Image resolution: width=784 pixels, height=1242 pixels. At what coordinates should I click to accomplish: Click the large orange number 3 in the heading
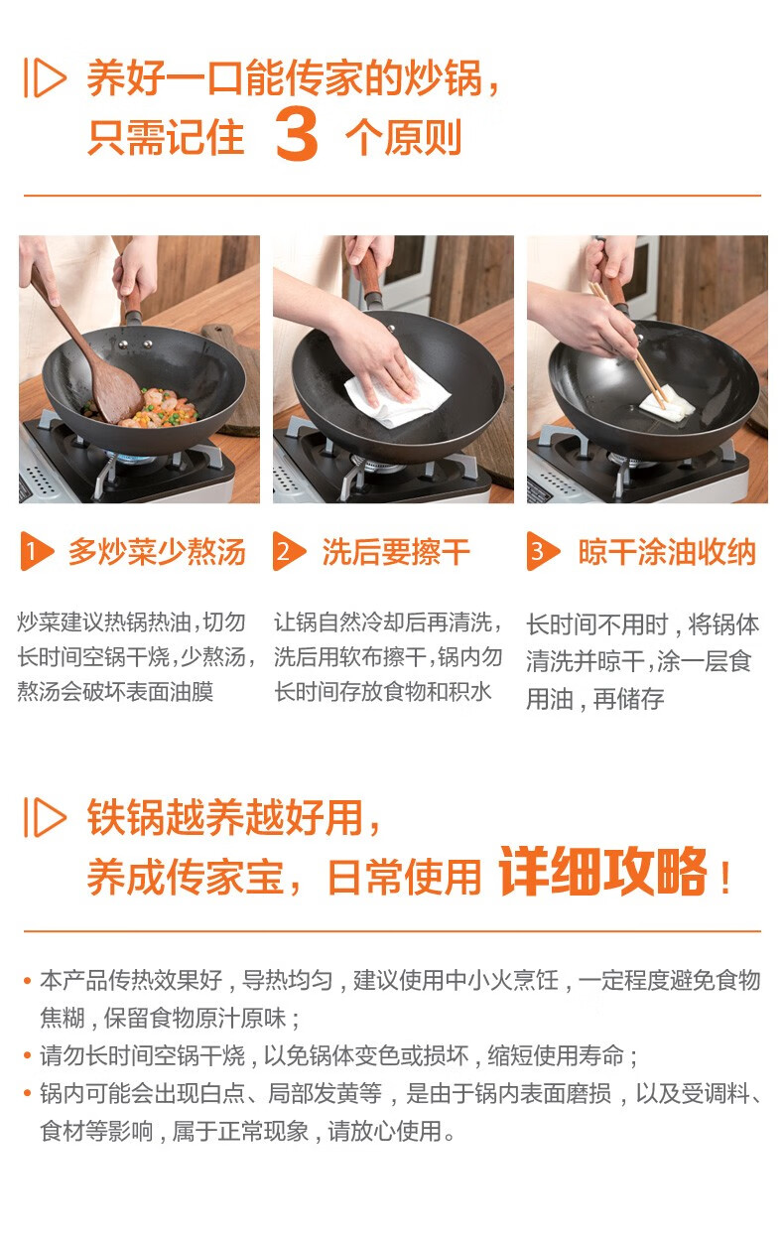pos(297,134)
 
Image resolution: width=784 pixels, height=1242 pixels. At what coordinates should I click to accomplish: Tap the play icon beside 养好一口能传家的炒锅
pos(45,77)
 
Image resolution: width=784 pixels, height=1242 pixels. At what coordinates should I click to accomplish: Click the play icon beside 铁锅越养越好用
pos(45,817)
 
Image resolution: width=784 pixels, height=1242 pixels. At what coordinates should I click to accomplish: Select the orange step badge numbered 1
pos(37,551)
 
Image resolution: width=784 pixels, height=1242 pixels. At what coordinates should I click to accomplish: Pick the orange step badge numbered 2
pos(289,551)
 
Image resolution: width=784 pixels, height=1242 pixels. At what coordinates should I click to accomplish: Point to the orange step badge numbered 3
pos(543,551)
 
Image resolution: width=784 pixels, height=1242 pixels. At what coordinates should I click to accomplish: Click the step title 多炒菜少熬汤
pos(157,552)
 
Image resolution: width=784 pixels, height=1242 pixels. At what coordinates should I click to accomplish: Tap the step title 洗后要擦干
pos(396,552)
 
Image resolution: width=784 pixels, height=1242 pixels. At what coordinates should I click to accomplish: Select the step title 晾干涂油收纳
pos(667,552)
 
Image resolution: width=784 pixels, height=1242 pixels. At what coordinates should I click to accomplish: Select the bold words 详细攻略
pos(602,871)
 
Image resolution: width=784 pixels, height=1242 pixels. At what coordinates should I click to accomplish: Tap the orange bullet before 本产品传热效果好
pos(27,981)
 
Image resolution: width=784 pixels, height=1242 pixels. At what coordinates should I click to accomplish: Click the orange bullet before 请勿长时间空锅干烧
pos(27,1055)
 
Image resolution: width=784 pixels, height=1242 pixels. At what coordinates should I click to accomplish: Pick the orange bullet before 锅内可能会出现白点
pos(27,1093)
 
